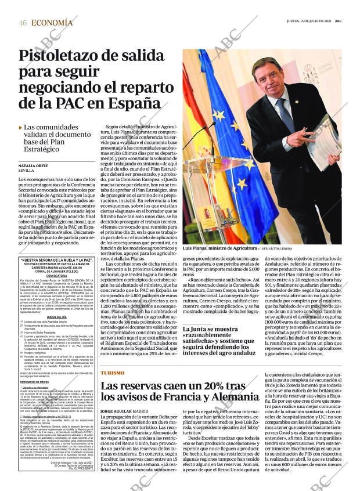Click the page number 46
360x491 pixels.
click(x=23, y=23)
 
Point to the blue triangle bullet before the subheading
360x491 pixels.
click(x=20, y=127)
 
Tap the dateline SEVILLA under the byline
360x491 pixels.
click(x=27, y=172)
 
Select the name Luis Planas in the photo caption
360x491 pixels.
click(x=199, y=248)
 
